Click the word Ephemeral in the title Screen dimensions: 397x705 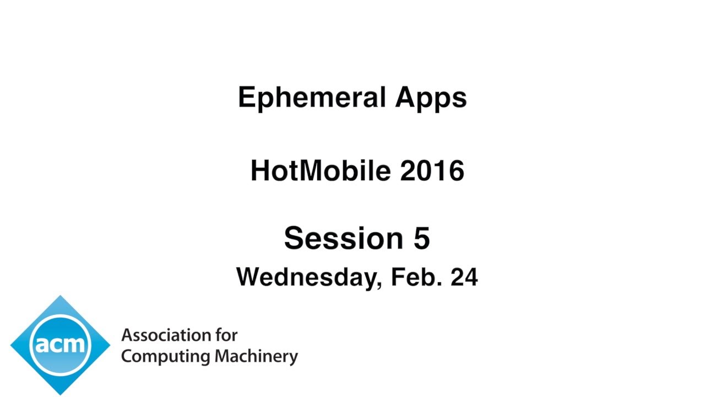click(311, 98)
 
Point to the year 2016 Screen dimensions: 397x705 click(432, 170)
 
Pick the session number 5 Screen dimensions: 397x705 click(421, 239)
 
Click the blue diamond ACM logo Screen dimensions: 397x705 click(60, 345)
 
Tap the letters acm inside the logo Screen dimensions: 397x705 click(60, 345)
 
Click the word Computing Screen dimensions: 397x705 click(166, 356)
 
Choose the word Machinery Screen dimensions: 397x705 click(256, 356)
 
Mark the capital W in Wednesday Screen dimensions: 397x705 click(249, 277)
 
